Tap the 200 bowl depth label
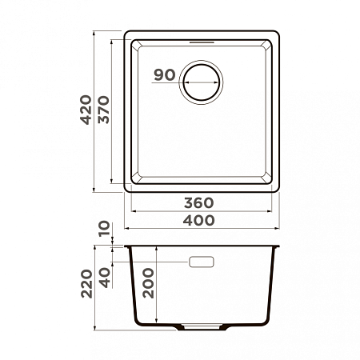(x=149, y=282)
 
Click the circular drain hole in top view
(x=202, y=82)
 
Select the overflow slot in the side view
(x=202, y=262)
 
